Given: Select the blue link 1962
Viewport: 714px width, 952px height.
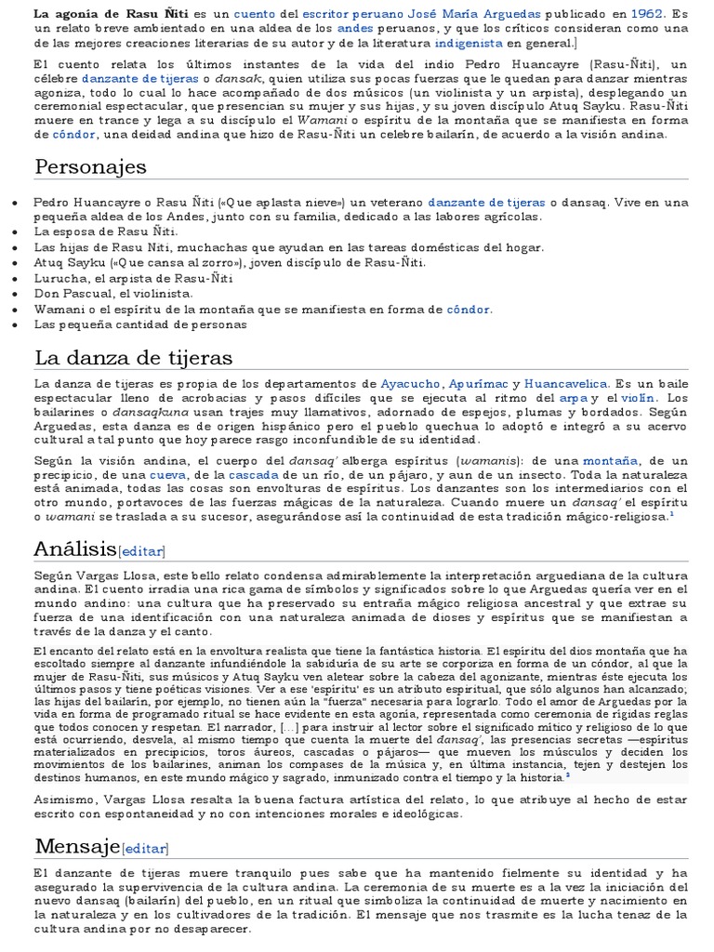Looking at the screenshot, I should click(648, 15).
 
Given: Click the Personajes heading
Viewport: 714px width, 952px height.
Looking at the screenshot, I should click(91, 166).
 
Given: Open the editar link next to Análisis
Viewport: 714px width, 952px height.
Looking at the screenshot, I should click(141, 551).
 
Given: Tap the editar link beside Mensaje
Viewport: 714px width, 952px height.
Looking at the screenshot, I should click(145, 848).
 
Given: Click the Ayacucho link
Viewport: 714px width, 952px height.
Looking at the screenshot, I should click(411, 383).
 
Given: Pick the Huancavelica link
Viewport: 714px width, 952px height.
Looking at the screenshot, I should click(566, 383).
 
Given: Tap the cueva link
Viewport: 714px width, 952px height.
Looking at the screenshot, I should click(168, 473).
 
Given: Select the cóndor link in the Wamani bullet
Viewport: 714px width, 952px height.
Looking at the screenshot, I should click(469, 309).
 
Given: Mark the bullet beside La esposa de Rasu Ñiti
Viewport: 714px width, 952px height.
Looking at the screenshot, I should click(12, 231).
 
